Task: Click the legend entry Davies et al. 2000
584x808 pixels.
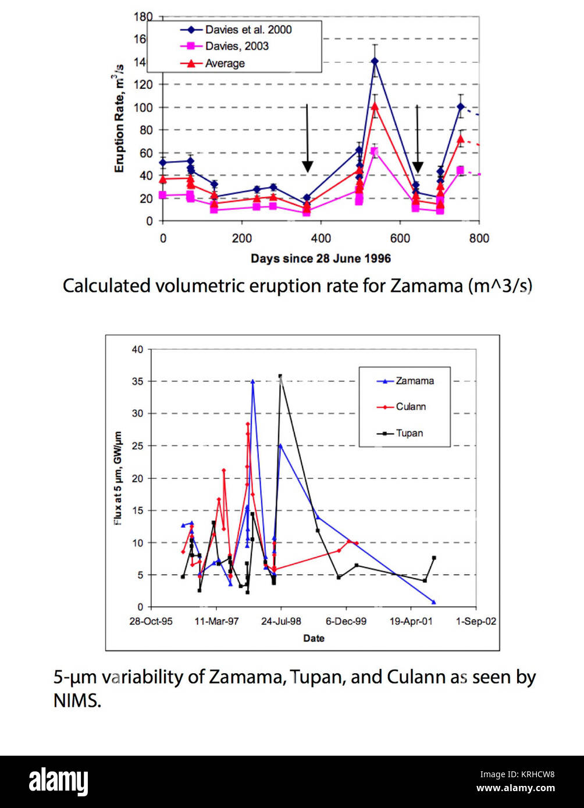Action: pos(248,30)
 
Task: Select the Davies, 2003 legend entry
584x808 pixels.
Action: pos(237,46)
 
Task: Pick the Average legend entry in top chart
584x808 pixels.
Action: pos(225,63)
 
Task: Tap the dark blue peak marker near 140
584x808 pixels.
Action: pos(375,61)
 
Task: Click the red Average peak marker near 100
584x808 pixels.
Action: pos(375,106)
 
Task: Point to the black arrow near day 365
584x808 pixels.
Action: pos(307,140)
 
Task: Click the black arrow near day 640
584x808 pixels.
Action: pos(417,140)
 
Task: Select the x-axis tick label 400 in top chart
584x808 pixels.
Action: pos(321,238)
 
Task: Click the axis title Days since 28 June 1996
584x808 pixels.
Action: pos(321,258)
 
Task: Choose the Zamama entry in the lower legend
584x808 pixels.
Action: pos(414,381)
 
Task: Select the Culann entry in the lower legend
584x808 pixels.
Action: pos(411,406)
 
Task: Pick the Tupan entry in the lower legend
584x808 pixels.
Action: pos(409,432)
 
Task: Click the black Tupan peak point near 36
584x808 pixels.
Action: pos(280,376)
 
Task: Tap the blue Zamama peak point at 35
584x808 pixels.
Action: pos(252,381)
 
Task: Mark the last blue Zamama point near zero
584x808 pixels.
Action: pos(433,602)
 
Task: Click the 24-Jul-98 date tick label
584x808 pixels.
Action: pos(281,621)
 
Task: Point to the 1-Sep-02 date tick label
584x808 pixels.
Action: pos(476,621)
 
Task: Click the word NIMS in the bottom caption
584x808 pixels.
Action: pos(77,701)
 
